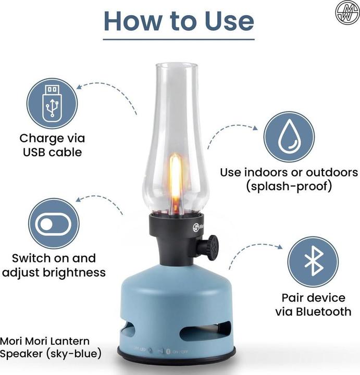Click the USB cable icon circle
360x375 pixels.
[x=53, y=103]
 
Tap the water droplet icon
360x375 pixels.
[x=289, y=137]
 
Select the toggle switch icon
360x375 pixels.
[x=54, y=223]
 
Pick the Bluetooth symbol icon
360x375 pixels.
[x=313, y=262]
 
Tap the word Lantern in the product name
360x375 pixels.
[x=71, y=341]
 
